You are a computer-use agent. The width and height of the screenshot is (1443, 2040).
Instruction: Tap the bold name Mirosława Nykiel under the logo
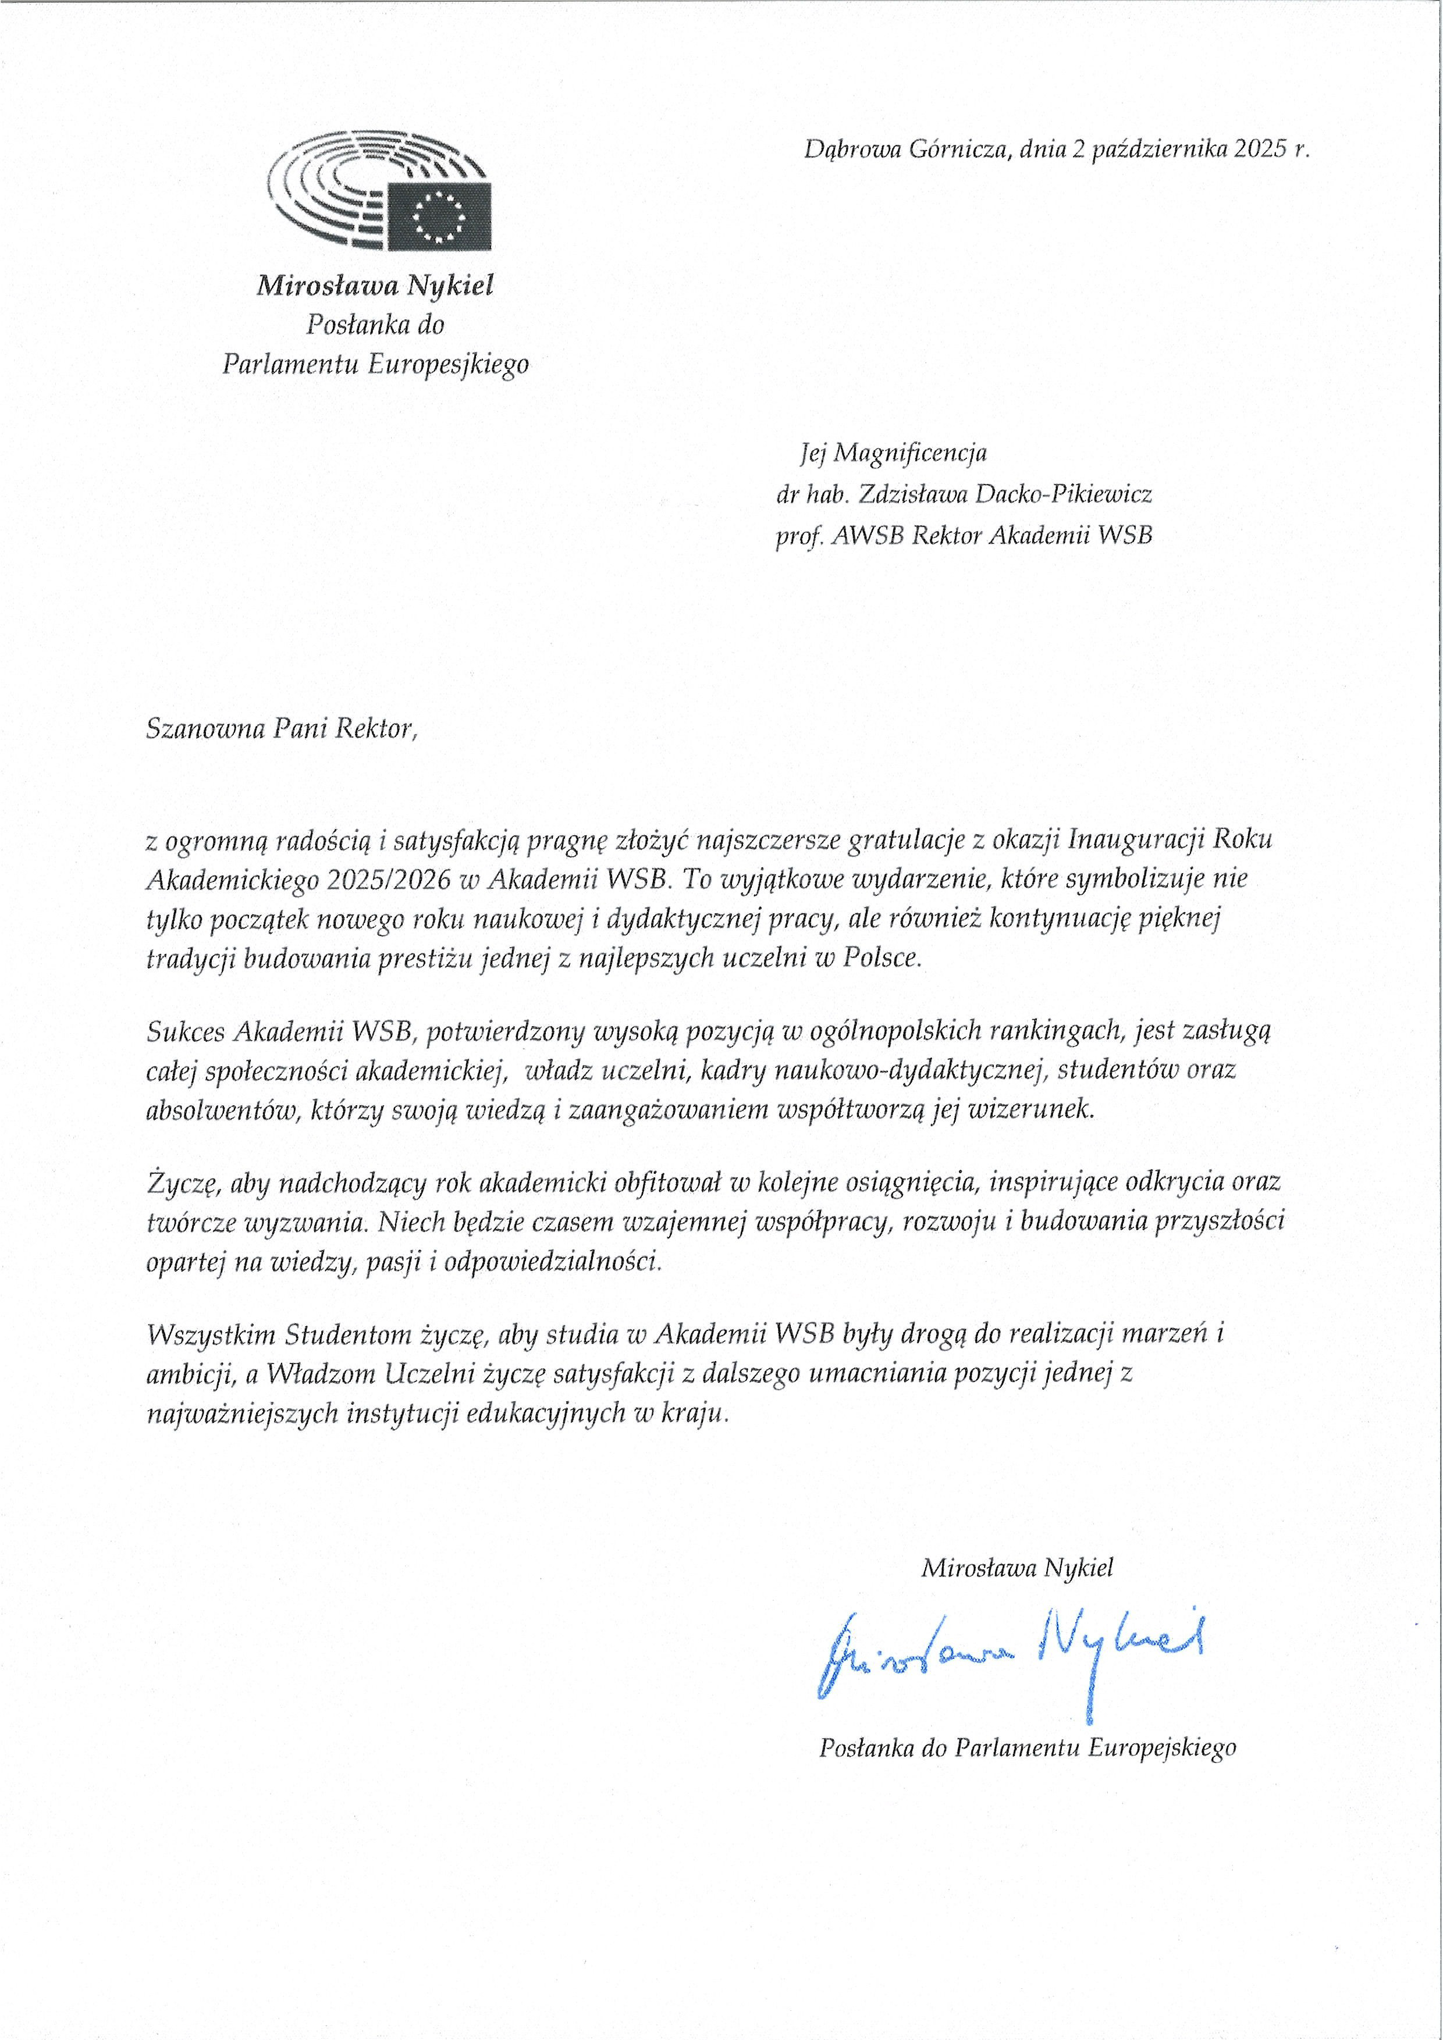[x=375, y=286]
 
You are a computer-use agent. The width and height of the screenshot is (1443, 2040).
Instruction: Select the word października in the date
[x=1157, y=149]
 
